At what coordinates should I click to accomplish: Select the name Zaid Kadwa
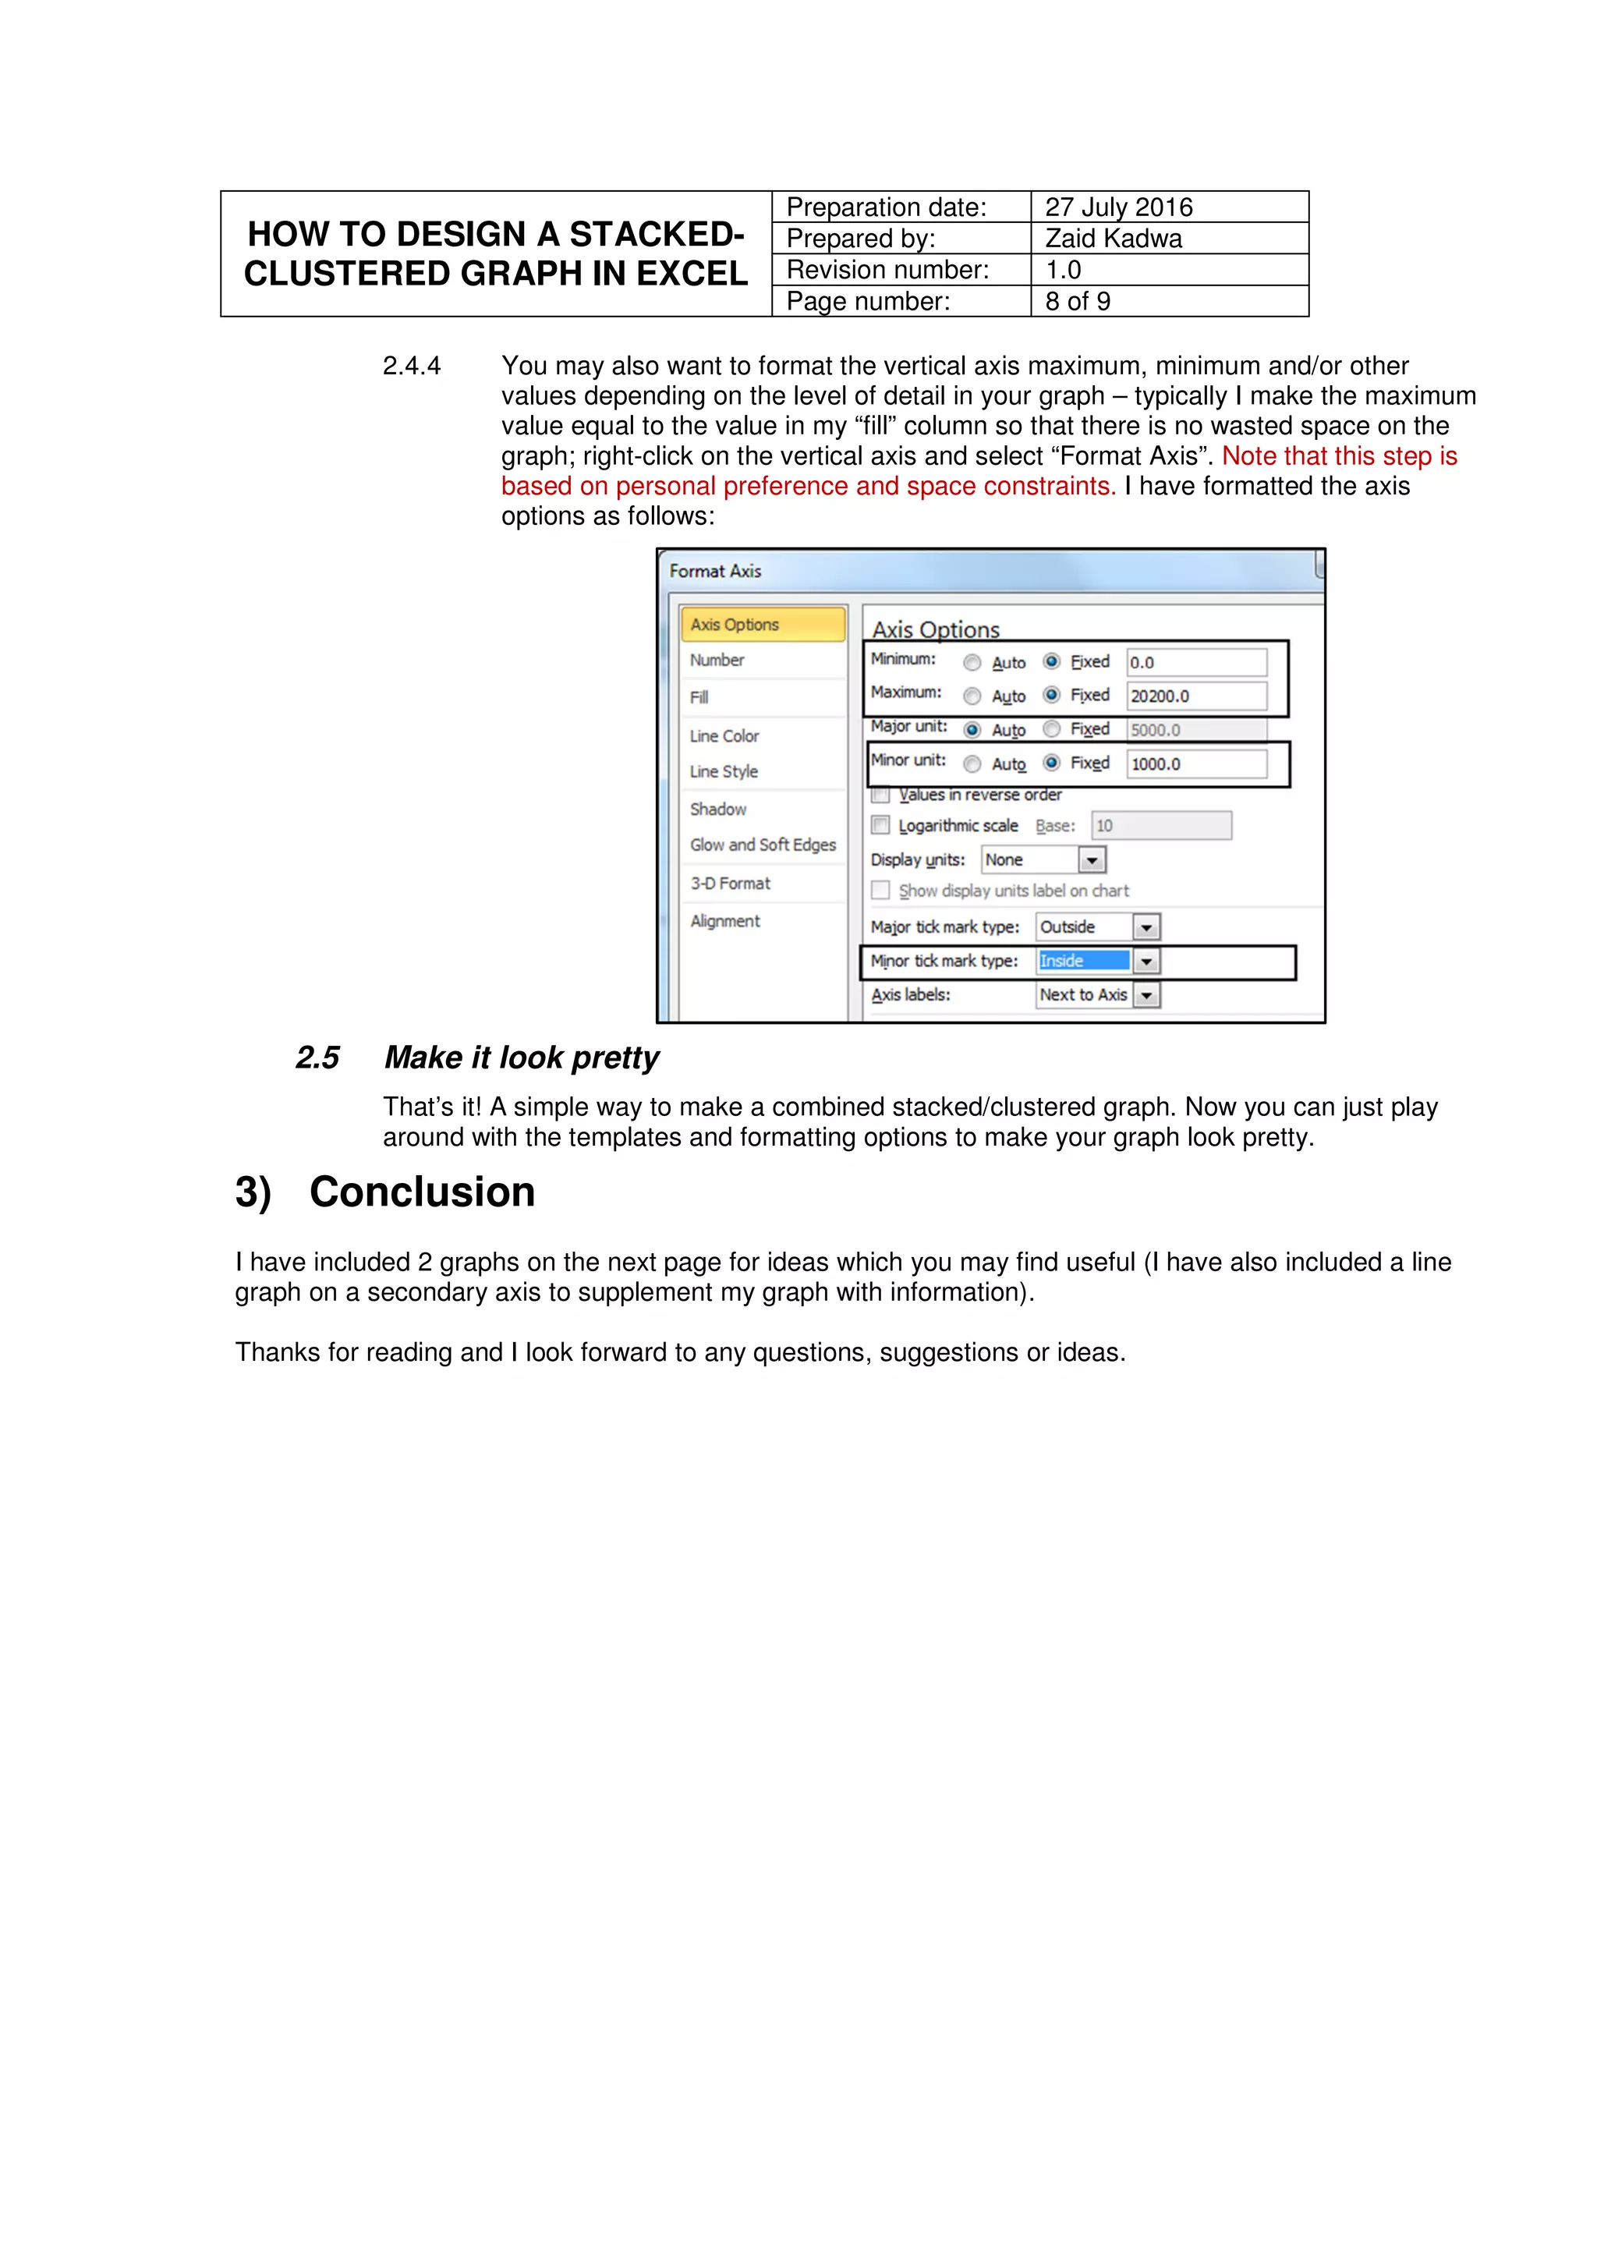1113,238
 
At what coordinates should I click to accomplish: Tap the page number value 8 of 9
1078,301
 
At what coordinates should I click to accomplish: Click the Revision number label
887,270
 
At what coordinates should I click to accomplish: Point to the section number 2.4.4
411,367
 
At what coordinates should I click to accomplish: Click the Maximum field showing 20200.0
1195,696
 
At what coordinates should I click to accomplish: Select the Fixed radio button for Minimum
1052,661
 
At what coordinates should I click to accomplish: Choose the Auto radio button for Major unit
972,729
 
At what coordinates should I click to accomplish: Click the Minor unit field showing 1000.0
1195,763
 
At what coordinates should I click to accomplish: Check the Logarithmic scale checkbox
880,825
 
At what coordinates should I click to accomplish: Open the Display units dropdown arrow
1091,860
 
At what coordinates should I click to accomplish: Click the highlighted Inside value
1082,961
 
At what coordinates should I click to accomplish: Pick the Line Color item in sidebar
724,735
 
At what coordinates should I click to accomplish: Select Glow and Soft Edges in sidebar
763,845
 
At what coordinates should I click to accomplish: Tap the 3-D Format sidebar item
730,883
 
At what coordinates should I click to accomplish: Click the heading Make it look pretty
522,1057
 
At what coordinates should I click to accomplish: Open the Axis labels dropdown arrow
1146,995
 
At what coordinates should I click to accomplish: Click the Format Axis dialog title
715,571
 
